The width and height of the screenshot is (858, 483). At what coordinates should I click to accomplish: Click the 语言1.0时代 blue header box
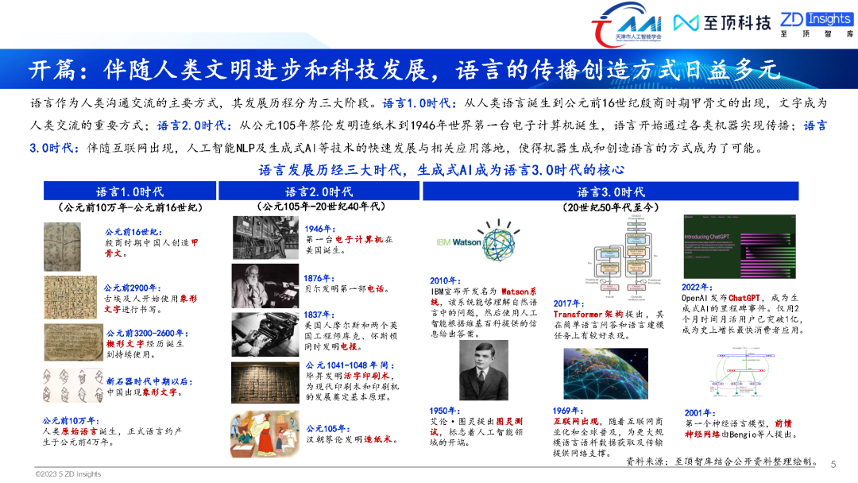coord(129,191)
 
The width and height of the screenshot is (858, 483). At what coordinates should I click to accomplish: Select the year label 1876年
coord(319,278)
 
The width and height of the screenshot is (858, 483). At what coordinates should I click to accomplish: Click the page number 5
coord(833,465)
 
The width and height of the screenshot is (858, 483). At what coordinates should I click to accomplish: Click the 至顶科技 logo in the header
coord(721,23)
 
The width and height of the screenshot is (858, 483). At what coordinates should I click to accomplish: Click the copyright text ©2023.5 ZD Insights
coord(68,474)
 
